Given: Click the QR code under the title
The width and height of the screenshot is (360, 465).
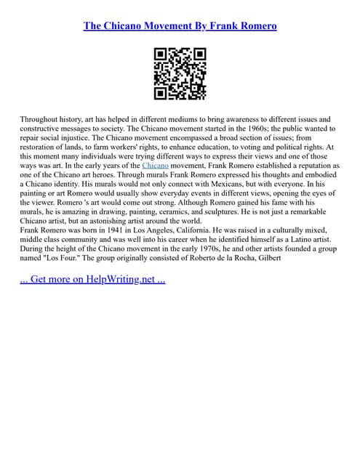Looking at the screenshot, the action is (180, 73).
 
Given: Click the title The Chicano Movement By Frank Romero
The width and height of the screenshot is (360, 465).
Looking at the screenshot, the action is (180, 26).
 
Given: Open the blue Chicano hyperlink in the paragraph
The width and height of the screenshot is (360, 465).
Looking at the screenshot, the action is (156, 166).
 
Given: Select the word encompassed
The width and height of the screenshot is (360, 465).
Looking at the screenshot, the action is (215, 137).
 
